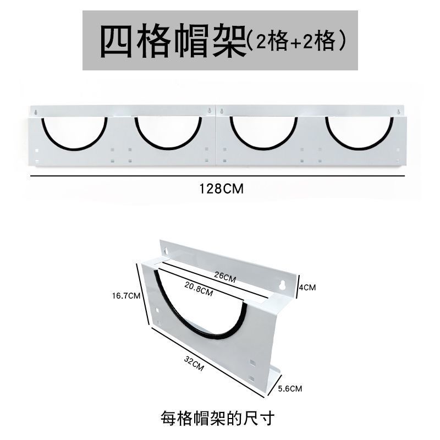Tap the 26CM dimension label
[x=224, y=278]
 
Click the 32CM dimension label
[x=195, y=364]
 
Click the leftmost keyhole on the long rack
[x=36, y=112]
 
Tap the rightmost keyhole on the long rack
[x=398, y=113]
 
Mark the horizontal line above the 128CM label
[x=217, y=175]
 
